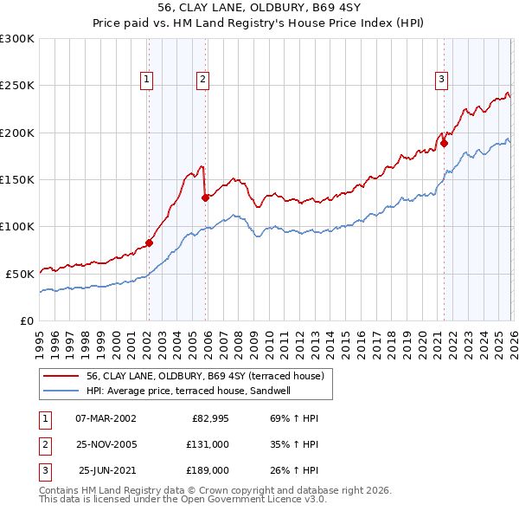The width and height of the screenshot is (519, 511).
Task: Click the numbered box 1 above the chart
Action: [147, 80]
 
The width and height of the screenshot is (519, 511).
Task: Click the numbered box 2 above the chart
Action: [203, 80]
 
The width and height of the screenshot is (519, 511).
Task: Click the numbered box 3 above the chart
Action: [441, 80]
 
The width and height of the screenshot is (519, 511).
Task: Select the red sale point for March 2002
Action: [149, 243]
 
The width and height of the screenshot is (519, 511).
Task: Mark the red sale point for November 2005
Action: [205, 197]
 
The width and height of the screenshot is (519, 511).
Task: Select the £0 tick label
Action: [26, 320]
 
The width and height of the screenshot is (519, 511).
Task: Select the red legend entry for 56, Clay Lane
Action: [204, 376]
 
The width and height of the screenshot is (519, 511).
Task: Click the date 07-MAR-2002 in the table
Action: [106, 418]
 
